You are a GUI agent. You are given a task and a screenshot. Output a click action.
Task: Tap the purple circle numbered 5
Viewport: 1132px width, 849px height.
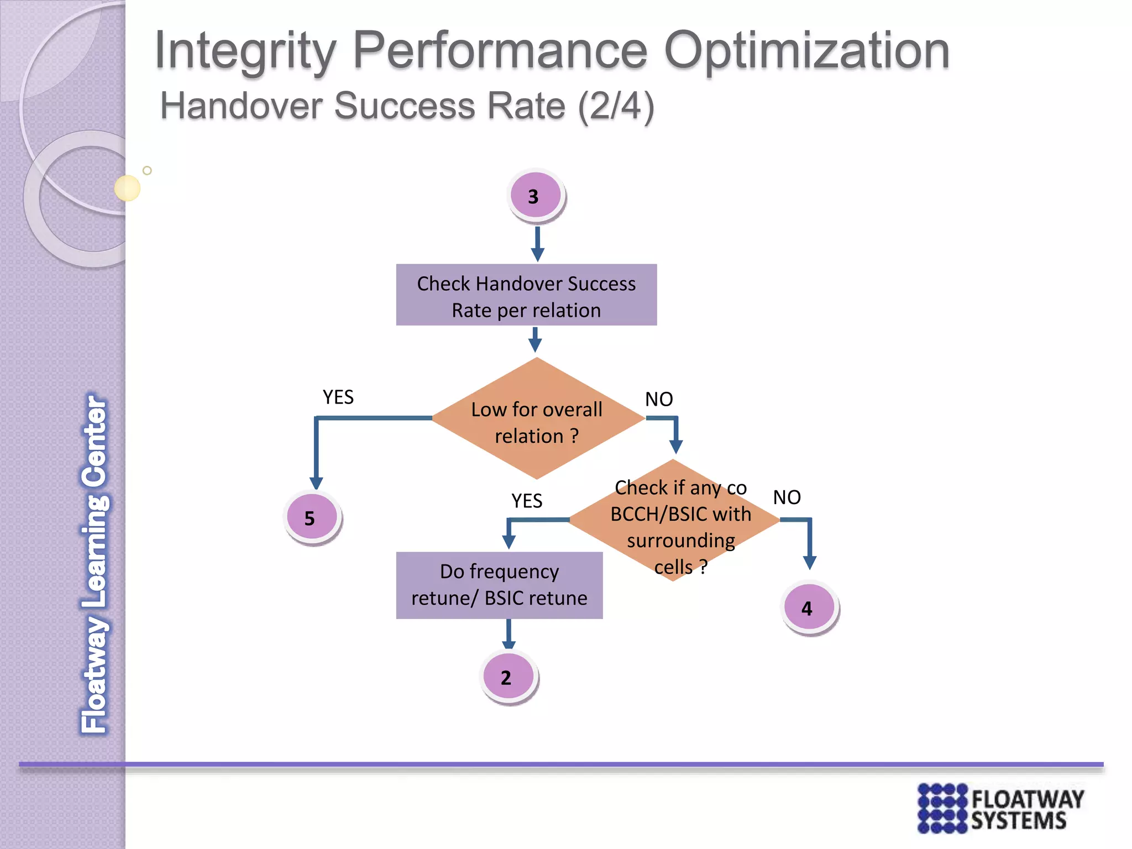pos(312,517)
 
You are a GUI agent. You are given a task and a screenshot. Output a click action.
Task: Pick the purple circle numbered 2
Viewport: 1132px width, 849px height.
pos(508,677)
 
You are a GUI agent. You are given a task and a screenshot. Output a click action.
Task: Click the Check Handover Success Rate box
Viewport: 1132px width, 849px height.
pos(526,295)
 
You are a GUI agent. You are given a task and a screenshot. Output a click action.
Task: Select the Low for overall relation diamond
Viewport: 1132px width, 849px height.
pos(537,420)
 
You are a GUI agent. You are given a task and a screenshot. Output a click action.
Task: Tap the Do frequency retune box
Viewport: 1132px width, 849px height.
pos(499,585)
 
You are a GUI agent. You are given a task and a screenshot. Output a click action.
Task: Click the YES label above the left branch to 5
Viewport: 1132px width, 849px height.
pos(338,397)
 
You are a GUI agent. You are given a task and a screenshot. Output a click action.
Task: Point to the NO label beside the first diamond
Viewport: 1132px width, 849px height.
pos(659,399)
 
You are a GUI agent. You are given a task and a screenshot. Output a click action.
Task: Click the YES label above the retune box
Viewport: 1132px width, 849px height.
pos(526,501)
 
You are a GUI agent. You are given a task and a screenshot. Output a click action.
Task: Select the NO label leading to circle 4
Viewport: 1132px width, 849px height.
pos(787,497)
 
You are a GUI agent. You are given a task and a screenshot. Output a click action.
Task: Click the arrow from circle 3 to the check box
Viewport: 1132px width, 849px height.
pos(537,244)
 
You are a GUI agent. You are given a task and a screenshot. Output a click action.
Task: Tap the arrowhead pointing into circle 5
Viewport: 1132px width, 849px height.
pos(316,482)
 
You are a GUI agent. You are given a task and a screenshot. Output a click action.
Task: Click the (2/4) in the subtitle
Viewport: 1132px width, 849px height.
pos(616,106)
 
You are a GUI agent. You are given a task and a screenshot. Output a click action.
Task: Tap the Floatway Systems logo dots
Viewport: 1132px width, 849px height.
pos(942,808)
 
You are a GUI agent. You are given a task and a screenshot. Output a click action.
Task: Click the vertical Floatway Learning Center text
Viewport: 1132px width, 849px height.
pos(95,564)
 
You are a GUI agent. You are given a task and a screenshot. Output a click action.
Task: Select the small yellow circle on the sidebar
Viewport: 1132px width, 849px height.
pos(127,188)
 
